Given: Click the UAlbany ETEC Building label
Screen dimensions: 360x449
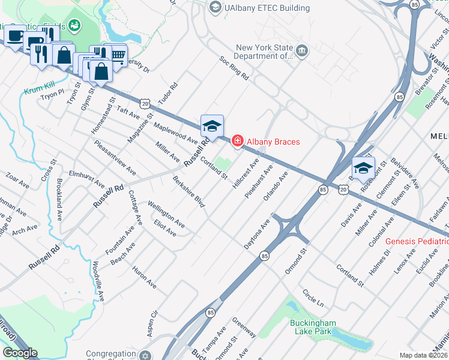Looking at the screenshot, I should pyautogui.click(x=267, y=8).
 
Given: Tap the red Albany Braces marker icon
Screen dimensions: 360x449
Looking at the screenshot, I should pyautogui.click(x=238, y=141).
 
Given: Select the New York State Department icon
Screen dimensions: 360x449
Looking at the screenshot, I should pyautogui.click(x=302, y=50).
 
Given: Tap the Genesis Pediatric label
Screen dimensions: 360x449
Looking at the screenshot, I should pyautogui.click(x=417, y=241).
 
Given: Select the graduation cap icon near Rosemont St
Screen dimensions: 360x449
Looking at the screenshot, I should pyautogui.click(x=363, y=168).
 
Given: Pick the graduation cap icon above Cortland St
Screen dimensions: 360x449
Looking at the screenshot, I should pyautogui.click(x=212, y=126).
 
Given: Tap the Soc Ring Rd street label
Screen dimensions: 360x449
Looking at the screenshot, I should pyautogui.click(x=234, y=68).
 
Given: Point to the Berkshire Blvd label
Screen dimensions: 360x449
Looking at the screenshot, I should pyautogui.click(x=188, y=193).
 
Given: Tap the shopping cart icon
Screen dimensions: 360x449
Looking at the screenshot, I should pyautogui.click(x=118, y=55).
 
